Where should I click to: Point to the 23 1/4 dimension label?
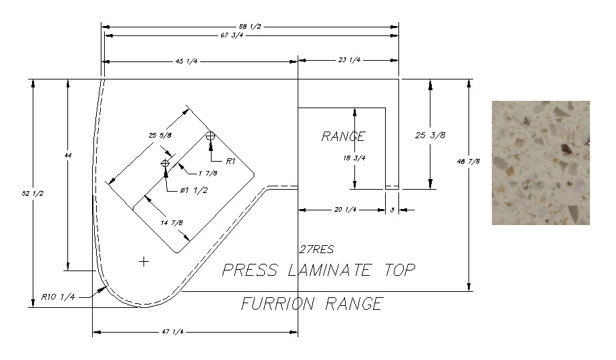[x=350, y=60]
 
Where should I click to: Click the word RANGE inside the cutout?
[x=343, y=136]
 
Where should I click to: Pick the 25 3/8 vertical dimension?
[x=430, y=135]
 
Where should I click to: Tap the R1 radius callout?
[x=231, y=161]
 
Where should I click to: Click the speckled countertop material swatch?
[x=541, y=162]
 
